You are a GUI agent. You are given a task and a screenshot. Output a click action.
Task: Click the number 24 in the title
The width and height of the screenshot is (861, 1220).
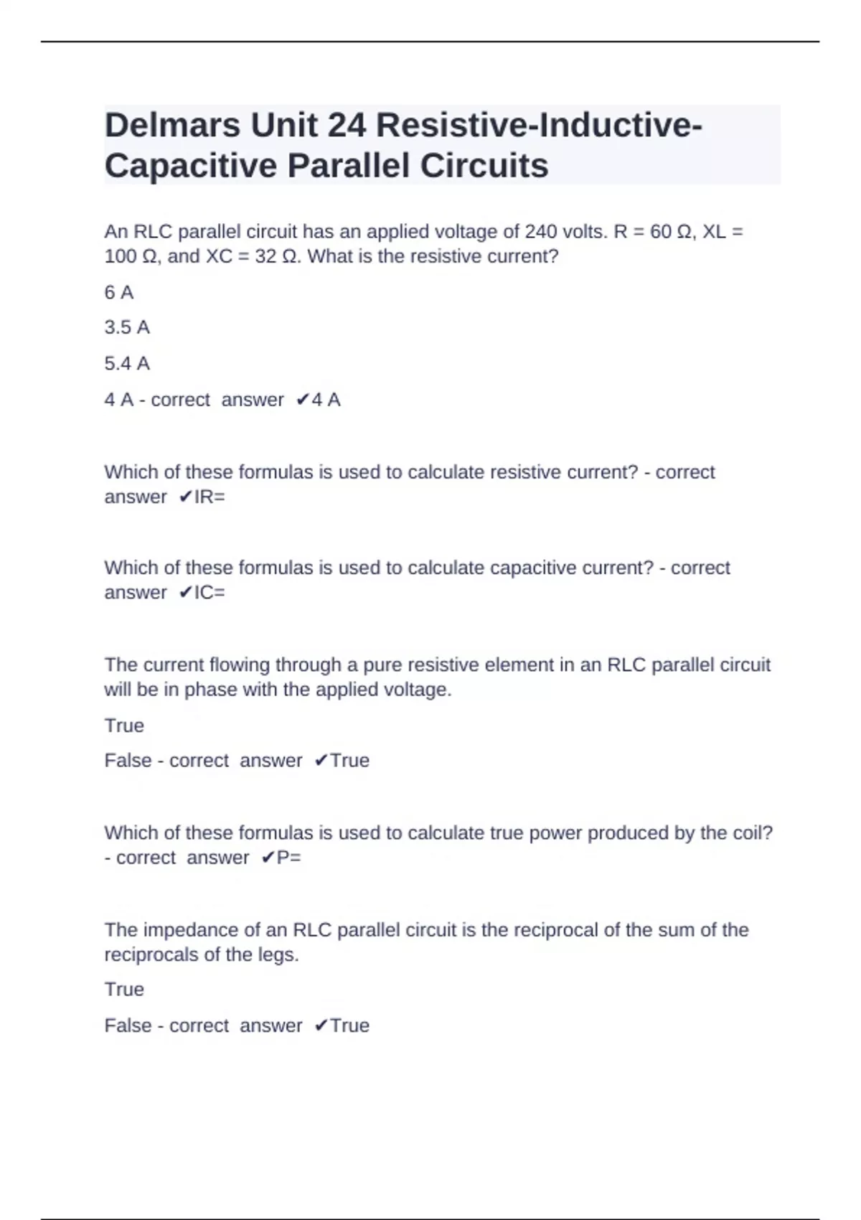(347, 126)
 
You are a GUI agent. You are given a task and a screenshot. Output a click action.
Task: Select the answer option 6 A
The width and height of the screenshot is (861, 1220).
(119, 292)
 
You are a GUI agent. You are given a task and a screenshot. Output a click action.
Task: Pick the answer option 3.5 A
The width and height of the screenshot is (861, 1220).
(127, 327)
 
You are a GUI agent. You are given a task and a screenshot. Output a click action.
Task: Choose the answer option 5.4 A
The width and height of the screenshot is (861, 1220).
(127, 363)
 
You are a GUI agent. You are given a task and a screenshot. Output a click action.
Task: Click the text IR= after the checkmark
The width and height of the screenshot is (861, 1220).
(210, 497)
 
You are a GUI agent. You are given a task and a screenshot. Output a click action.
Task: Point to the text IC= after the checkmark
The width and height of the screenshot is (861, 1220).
(210, 592)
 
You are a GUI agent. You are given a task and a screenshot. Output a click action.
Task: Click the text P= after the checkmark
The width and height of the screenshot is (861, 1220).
(288, 858)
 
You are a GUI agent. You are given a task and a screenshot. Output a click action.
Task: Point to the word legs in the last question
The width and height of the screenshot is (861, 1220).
(279, 955)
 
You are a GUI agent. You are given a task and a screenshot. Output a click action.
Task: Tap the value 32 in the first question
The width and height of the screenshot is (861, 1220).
(265, 256)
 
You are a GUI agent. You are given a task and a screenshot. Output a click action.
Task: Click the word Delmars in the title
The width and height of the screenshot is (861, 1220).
(172, 126)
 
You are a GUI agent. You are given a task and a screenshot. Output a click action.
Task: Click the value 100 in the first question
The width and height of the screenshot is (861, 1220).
(120, 256)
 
